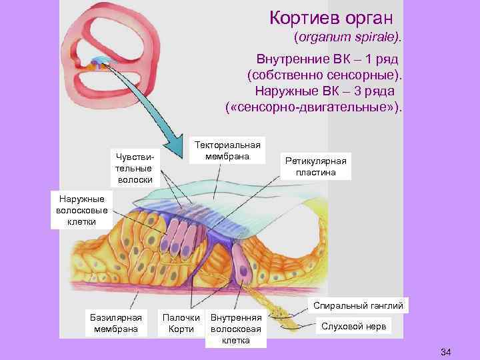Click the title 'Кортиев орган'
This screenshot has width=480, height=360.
point(331,17)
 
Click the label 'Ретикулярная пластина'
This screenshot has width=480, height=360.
point(316,167)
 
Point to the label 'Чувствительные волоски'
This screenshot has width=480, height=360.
point(135,167)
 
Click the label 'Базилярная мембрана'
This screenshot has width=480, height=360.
point(116,323)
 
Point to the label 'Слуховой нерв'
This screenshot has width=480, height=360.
point(353,327)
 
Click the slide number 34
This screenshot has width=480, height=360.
point(446,351)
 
